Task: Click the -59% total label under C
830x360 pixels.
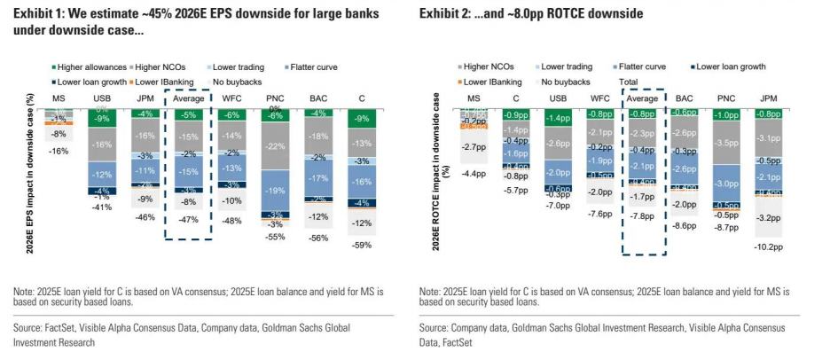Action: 363,246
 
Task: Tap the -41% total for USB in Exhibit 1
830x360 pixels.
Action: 102,207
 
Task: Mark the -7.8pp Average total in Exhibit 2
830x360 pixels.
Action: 643,215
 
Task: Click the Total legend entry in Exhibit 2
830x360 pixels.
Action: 628,81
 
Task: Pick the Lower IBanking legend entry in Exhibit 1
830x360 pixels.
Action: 157,81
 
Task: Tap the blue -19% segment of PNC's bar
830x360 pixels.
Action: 276,190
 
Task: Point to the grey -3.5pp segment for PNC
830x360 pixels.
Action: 726,143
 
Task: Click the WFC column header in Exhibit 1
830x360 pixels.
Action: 231,97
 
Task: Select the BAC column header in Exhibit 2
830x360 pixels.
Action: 684,98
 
